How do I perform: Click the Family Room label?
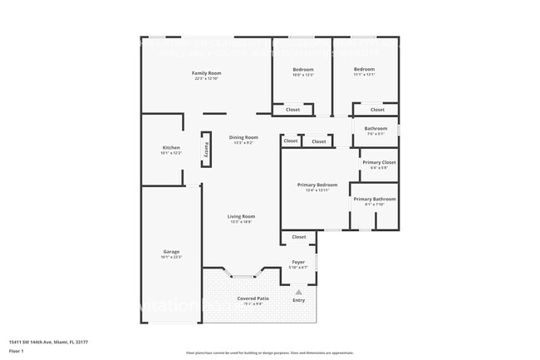[x=206, y=73]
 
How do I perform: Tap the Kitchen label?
[x=170, y=148]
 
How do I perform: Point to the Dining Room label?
[x=243, y=137]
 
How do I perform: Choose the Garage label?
[x=170, y=251]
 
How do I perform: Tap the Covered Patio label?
[x=253, y=298]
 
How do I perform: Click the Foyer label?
[x=298, y=262]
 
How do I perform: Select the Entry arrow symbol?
[x=298, y=291]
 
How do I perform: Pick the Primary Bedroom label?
[x=317, y=185]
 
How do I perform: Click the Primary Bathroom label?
[x=374, y=199]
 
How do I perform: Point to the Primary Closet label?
[x=379, y=161]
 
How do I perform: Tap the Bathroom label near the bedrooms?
[x=376, y=128]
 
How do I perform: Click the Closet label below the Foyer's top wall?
[x=298, y=237]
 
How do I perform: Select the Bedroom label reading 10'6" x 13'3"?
[x=303, y=69]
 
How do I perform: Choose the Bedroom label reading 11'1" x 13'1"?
[x=365, y=69]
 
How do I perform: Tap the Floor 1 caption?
[x=17, y=351]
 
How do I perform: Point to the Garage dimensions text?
[x=170, y=257]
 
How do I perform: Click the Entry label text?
[x=298, y=300]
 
